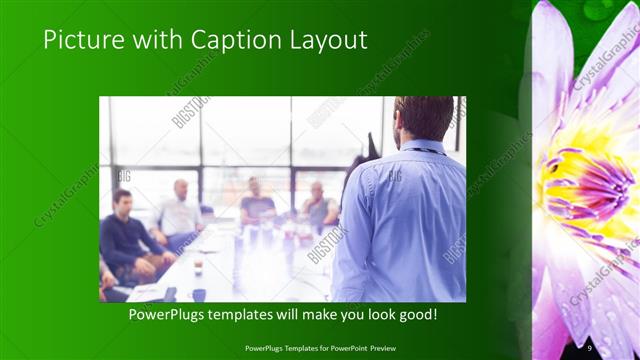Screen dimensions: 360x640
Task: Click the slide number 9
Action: tap(590, 347)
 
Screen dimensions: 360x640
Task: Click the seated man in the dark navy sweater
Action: tap(125, 235)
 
